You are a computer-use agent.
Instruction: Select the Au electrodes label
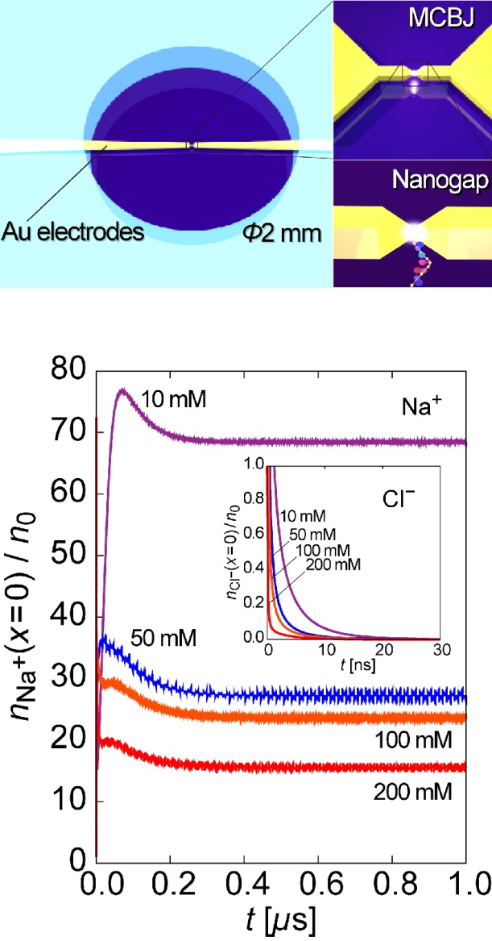tap(72, 234)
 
